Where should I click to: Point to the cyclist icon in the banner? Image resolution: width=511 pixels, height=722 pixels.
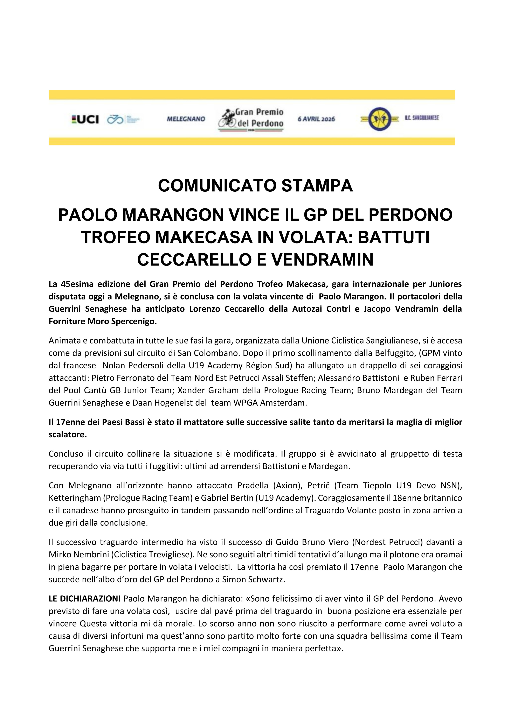(x=228, y=119)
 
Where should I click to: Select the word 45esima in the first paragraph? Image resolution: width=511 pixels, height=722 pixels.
(x=76, y=284)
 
